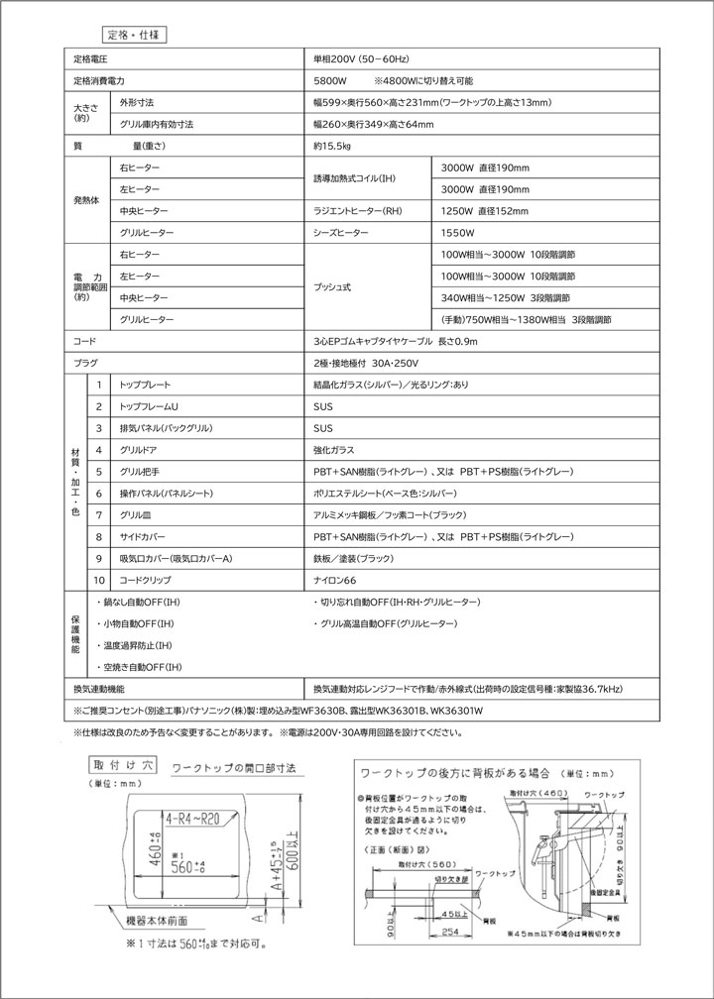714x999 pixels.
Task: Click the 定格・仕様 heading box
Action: (x=133, y=33)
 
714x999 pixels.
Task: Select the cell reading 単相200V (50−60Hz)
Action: (x=361, y=60)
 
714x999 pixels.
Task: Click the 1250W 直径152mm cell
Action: (x=485, y=211)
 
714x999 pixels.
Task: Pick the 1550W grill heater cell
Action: (x=458, y=233)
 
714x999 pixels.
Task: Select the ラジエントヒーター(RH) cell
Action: (x=358, y=211)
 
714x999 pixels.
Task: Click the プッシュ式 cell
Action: (x=334, y=287)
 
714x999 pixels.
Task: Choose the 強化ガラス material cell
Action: (x=332, y=450)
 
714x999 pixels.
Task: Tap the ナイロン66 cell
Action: (x=334, y=580)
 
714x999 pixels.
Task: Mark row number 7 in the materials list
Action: (x=99, y=515)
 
